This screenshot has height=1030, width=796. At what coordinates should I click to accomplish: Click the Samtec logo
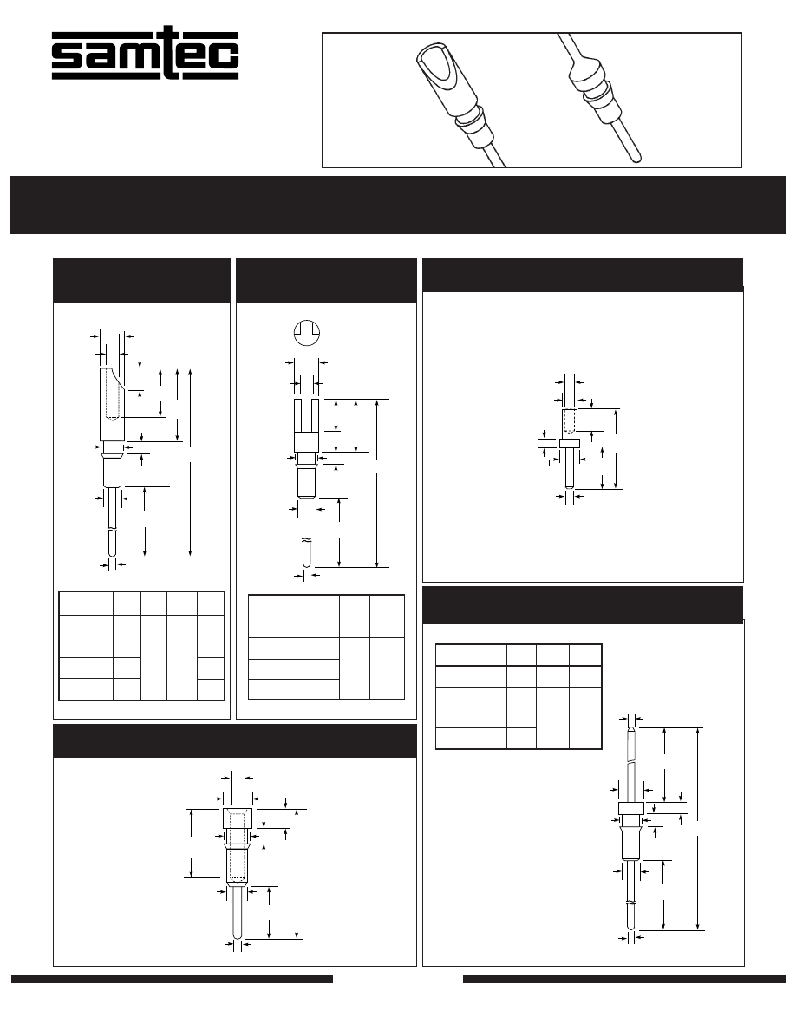145,54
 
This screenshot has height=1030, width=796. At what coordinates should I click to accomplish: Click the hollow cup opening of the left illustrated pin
437,67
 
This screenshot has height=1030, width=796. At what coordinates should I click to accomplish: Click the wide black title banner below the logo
398,205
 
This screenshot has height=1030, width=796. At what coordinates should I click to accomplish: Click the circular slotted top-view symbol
306,332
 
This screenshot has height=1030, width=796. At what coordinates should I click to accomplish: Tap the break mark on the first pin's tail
113,531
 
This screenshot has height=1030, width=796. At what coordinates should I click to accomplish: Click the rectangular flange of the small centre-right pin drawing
570,443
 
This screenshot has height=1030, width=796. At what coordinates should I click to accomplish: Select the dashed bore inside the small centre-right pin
570,421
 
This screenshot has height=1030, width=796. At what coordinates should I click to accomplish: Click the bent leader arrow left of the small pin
553,463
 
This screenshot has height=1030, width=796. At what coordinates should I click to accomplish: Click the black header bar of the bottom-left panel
234,741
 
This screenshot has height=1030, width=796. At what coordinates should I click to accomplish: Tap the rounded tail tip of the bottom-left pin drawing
238,936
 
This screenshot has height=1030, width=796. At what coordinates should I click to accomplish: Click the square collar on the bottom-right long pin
630,809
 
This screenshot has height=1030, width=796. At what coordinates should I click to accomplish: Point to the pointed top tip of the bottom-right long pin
630,727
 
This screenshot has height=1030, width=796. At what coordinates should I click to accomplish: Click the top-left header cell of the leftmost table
85,603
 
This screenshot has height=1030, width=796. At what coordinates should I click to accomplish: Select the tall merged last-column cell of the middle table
387,668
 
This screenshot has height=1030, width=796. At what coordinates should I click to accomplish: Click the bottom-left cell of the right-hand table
471,739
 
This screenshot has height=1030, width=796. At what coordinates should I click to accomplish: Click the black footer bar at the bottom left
172,979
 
